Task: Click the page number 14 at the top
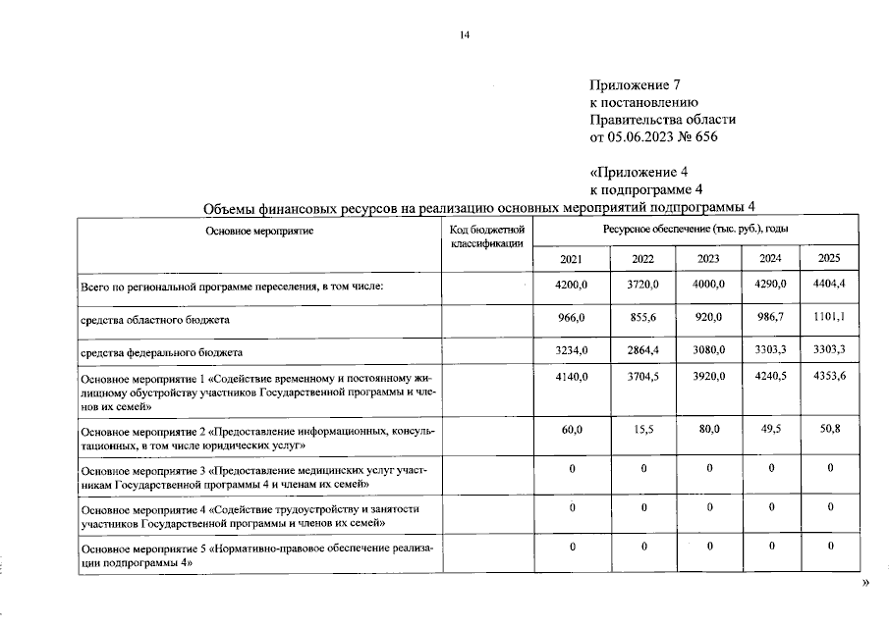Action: [x=465, y=36]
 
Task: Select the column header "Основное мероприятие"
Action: [x=259, y=229]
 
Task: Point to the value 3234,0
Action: [x=572, y=351]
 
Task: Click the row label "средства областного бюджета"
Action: [x=156, y=320]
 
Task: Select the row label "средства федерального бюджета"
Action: [x=161, y=352]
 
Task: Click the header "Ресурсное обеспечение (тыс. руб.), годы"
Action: [x=696, y=229]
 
